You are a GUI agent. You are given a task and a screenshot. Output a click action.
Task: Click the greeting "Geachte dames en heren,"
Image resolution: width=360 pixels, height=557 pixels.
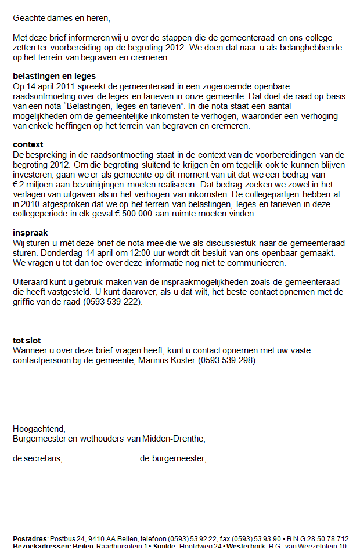pyautogui.click(x=60, y=17)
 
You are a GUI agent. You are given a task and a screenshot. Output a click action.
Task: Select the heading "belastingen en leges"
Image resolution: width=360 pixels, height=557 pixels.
pyautogui.click(x=54, y=76)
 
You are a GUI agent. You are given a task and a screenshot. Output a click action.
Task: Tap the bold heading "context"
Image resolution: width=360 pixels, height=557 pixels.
pyautogui.click(x=28, y=144)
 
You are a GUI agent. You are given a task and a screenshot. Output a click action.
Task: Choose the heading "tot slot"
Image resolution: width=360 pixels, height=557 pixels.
pyautogui.click(x=27, y=341)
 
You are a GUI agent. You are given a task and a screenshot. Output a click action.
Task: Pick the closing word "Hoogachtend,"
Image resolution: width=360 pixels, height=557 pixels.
pyautogui.click(x=39, y=429)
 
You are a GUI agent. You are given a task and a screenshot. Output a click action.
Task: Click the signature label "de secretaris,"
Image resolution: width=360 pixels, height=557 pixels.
pyautogui.click(x=38, y=458)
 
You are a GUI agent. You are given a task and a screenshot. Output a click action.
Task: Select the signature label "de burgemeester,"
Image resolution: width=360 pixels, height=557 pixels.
pyautogui.click(x=173, y=458)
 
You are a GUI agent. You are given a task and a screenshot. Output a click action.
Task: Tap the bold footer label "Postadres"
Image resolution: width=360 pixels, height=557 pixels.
pyautogui.click(x=31, y=538)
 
